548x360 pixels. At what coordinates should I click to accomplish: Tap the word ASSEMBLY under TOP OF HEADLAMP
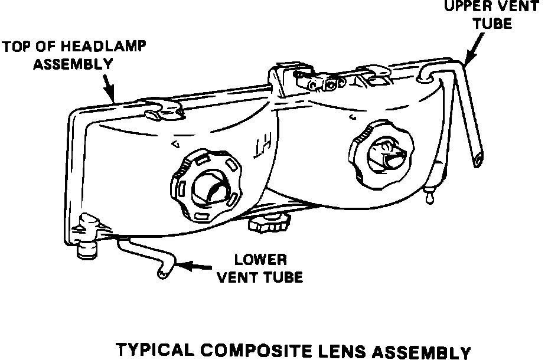[x=73, y=64]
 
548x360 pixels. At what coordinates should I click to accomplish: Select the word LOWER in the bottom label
[x=260, y=260]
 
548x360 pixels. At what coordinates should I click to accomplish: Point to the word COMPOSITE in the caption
[x=259, y=350]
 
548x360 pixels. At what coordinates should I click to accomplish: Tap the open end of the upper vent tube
[x=478, y=158]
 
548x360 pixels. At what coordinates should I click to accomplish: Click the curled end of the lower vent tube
[x=160, y=273]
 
